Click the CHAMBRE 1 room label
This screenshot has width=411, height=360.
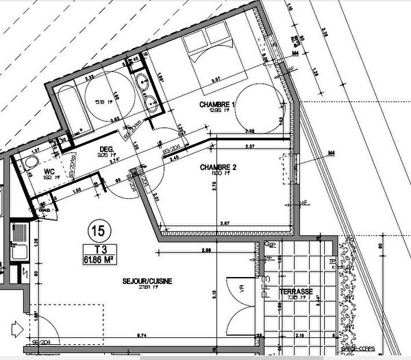point(216,104)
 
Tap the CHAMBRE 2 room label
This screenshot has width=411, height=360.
point(218,167)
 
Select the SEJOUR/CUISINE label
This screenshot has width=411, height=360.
point(147,281)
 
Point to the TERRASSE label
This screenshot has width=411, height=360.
point(297,292)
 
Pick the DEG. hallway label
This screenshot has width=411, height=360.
point(106,148)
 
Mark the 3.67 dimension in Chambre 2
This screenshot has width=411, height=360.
point(224,224)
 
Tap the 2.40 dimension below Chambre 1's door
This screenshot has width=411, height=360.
point(175,158)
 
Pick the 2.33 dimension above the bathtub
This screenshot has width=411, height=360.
point(90,77)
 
